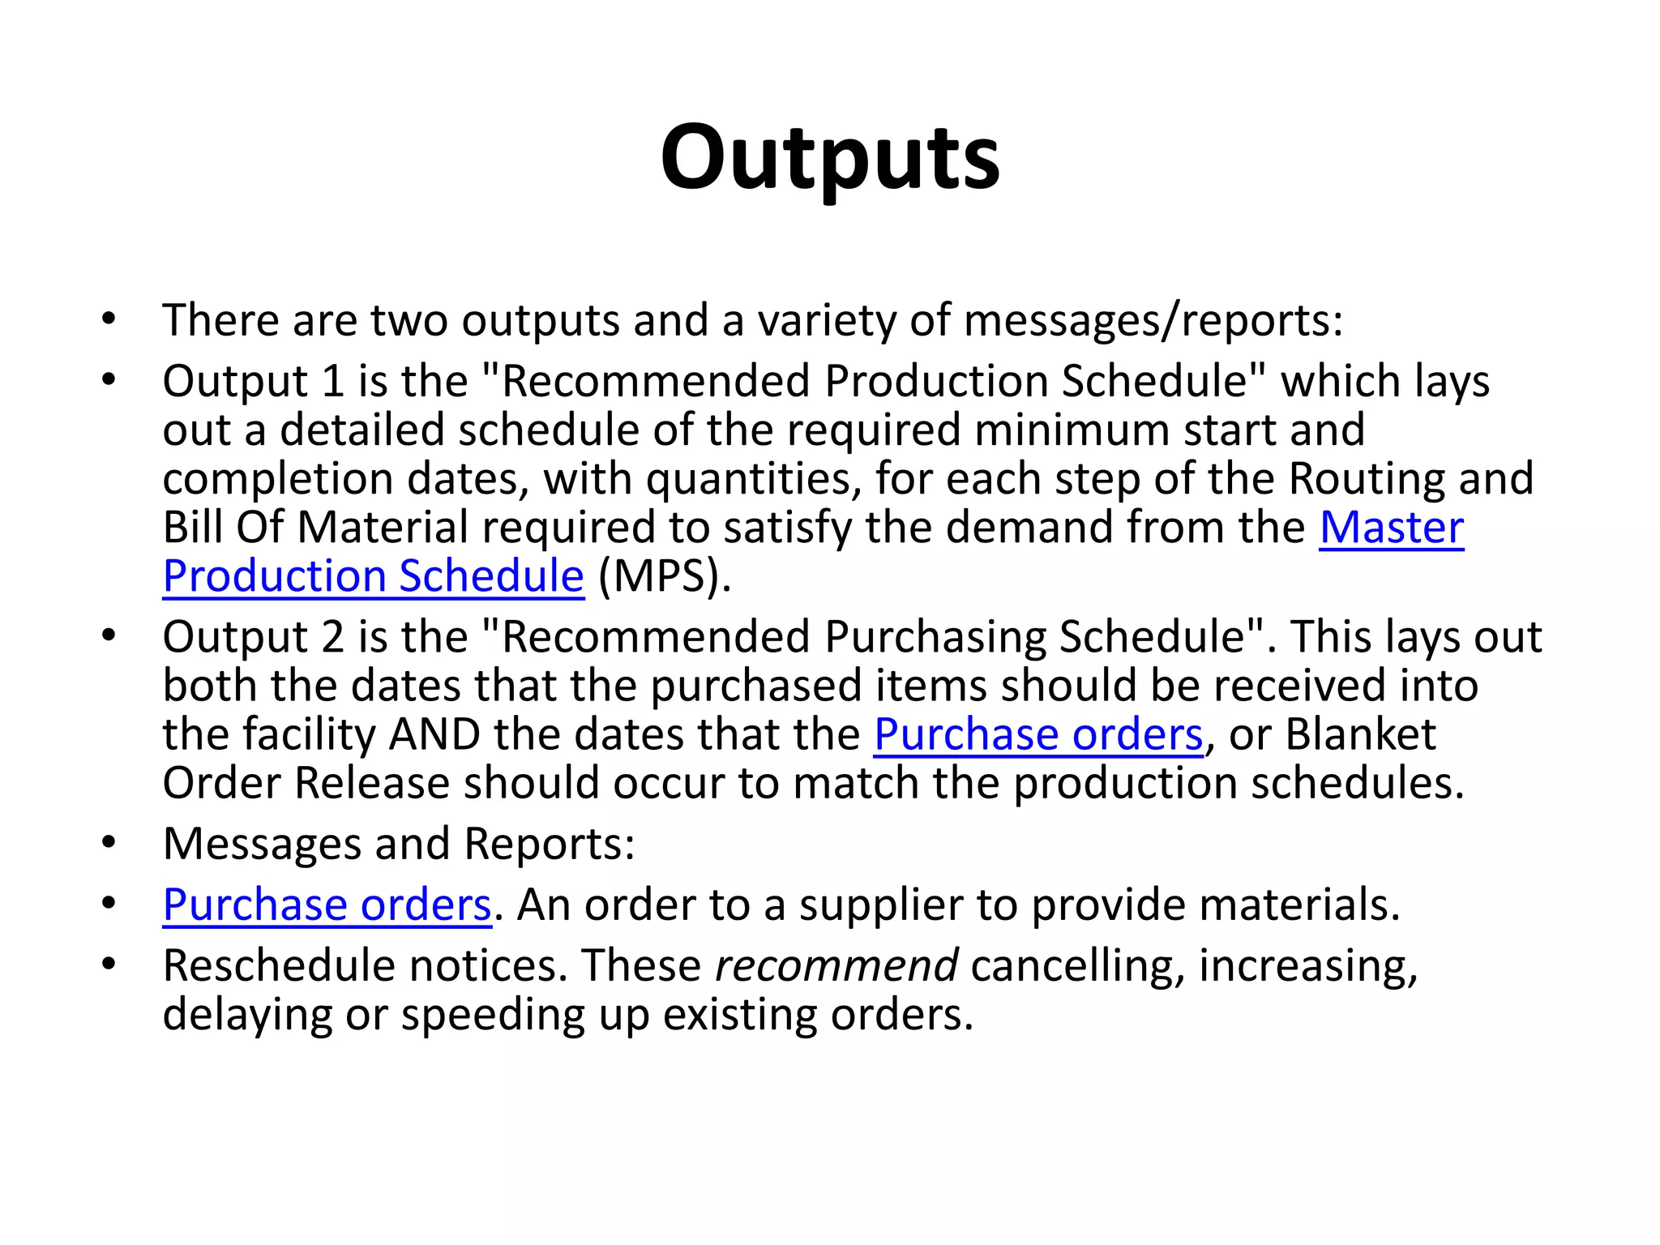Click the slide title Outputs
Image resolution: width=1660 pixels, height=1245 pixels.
tap(830, 158)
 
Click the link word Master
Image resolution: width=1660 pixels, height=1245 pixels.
tap(1391, 528)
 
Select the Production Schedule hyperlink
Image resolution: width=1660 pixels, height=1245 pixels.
tap(373, 576)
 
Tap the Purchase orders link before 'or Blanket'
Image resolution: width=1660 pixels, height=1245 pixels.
tap(1037, 735)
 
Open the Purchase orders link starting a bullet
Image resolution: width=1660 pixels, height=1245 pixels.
tap(327, 905)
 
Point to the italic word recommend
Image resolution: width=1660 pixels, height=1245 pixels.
tap(836, 966)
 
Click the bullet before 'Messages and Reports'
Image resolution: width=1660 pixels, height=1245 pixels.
tap(109, 843)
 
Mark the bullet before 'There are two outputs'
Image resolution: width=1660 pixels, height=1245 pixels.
tap(109, 319)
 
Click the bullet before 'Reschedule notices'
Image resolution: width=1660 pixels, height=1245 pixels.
tap(109, 965)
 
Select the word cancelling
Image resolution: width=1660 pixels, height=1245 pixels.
tap(1077, 966)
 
